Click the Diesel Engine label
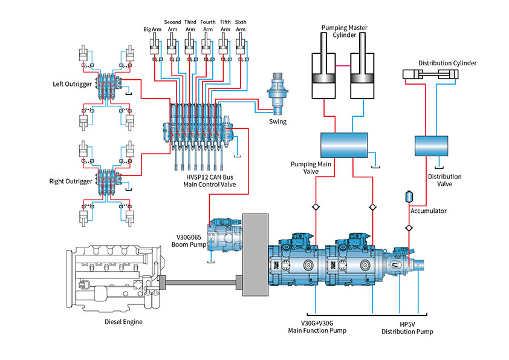click(x=123, y=322)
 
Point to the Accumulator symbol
click(x=409, y=197)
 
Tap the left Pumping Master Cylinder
click(x=325, y=75)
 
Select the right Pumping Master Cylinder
click(x=365, y=75)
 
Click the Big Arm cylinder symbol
click(x=154, y=47)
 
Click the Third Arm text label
click(x=190, y=25)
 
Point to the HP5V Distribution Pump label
click(x=407, y=327)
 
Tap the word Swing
click(x=277, y=122)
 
